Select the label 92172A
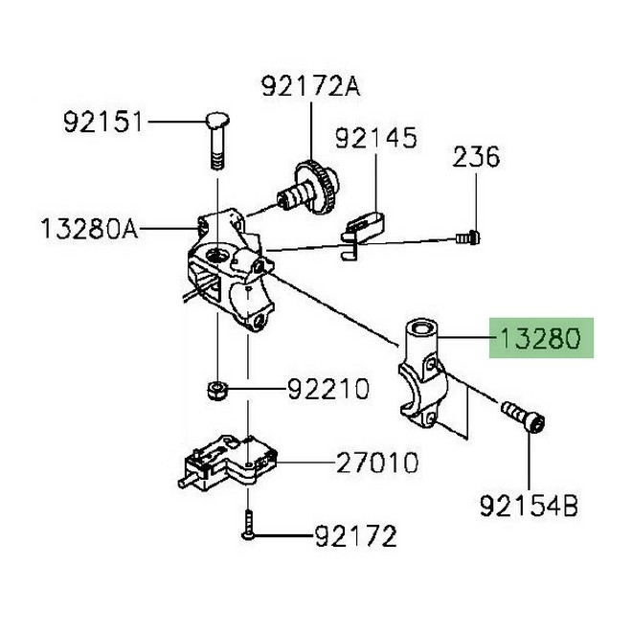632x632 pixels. pyautogui.click(x=308, y=87)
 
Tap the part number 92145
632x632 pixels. pyautogui.click(x=375, y=139)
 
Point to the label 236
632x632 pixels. pyautogui.click(x=476, y=156)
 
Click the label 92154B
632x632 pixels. pyautogui.click(x=529, y=505)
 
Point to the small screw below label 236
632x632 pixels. pyautogui.click(x=469, y=234)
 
